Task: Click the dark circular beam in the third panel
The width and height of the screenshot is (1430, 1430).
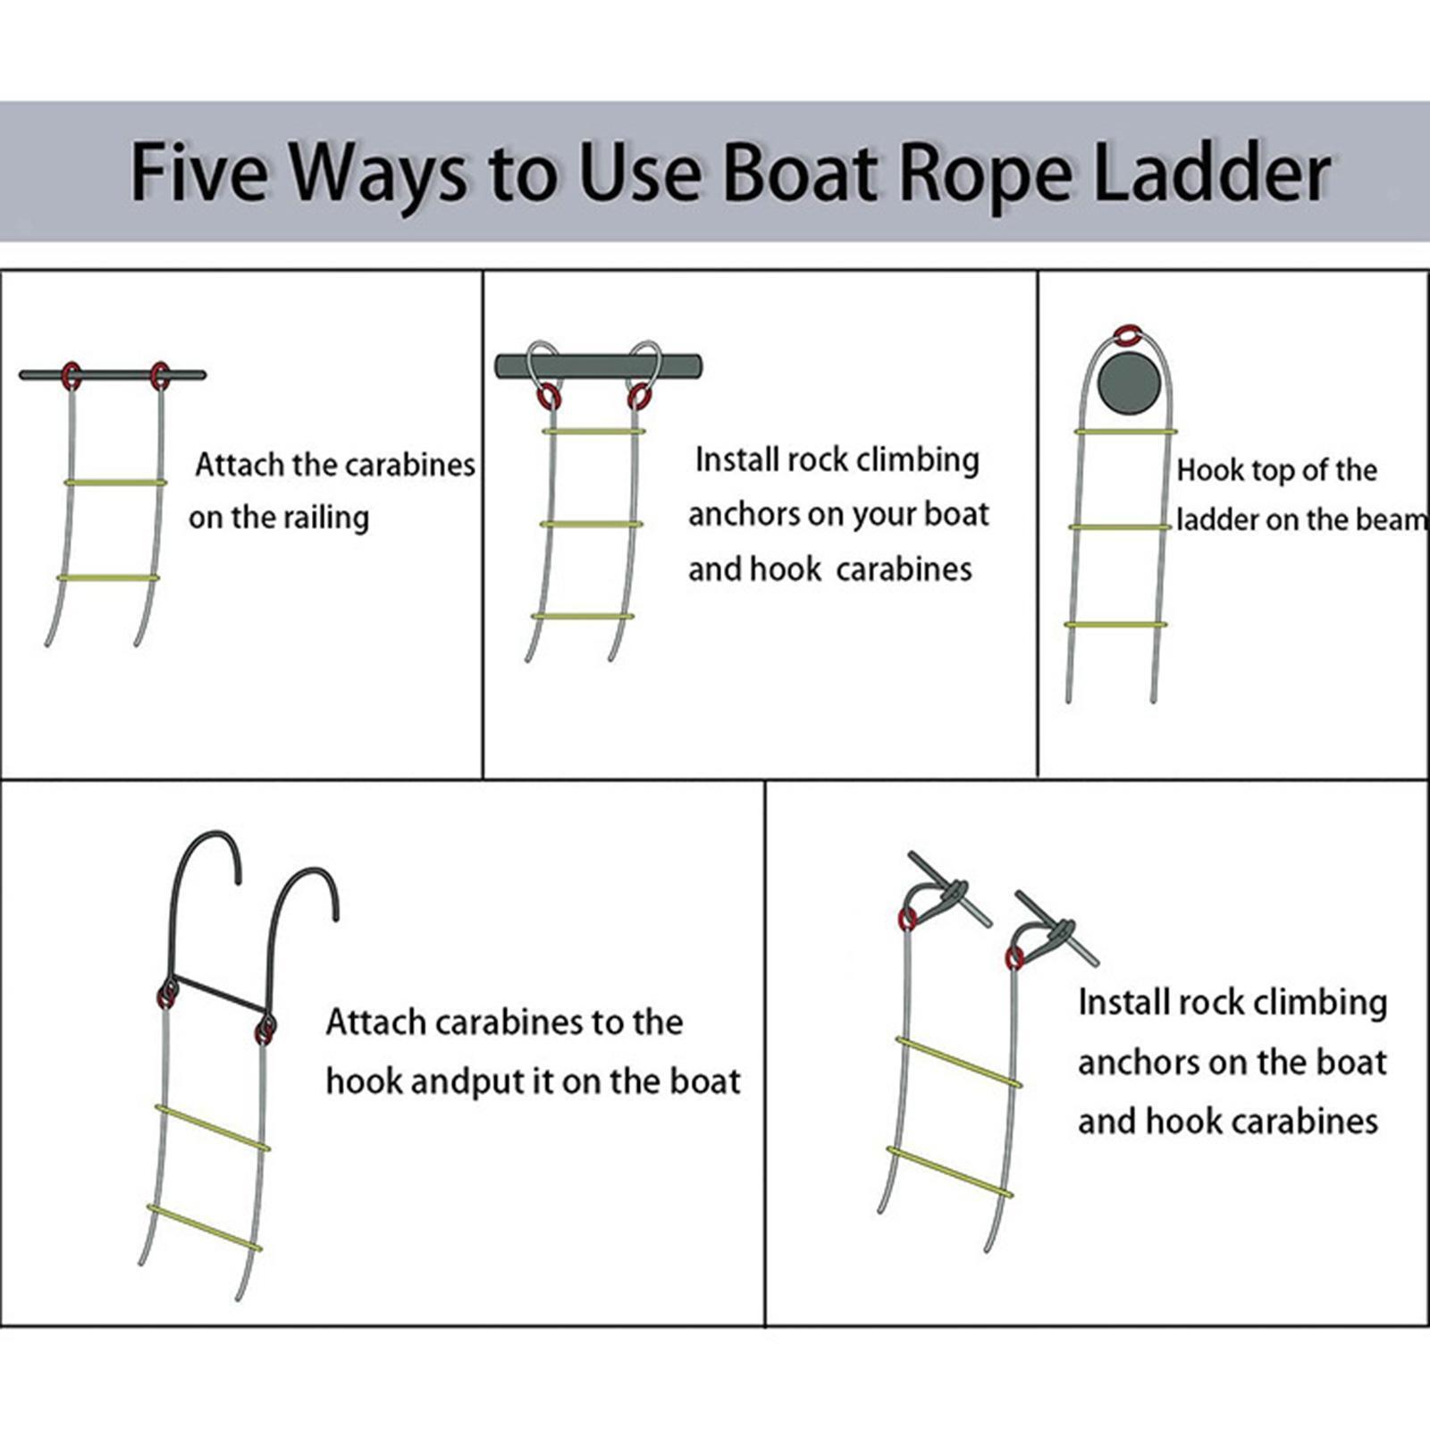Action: point(1129,383)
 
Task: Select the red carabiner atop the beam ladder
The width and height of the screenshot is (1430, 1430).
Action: point(1129,335)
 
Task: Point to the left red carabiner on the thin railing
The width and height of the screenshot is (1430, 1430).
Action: point(71,375)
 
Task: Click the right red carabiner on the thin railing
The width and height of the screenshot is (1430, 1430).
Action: point(160,375)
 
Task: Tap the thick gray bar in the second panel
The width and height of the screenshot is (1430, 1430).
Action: point(598,366)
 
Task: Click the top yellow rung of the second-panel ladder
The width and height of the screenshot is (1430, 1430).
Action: point(593,432)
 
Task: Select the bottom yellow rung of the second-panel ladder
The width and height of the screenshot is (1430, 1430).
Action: point(583,616)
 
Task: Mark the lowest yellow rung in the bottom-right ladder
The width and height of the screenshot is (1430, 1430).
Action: point(950,1172)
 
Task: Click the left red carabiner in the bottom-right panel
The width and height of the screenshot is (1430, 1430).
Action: point(907,918)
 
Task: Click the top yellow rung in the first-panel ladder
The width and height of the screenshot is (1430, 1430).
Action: point(115,483)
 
